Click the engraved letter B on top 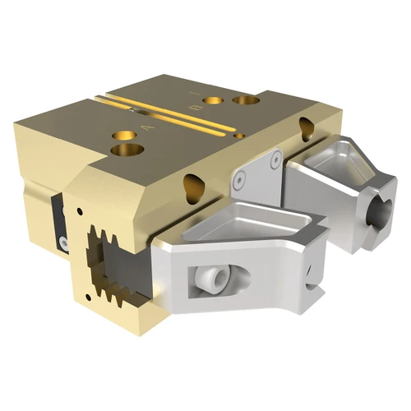tap(194, 107)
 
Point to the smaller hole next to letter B tap(214, 100)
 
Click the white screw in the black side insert tap(62, 241)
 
